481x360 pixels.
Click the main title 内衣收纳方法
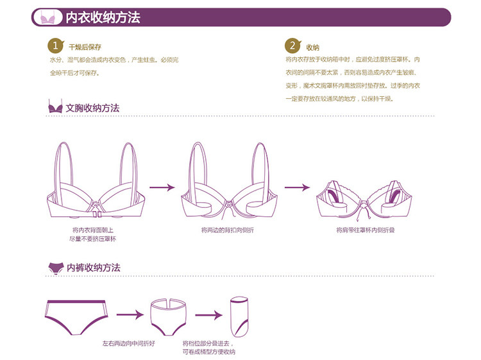[103, 17]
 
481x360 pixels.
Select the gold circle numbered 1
[56, 46]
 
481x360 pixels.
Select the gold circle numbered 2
[292, 46]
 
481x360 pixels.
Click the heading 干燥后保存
[85, 47]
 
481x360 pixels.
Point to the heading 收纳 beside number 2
[312, 47]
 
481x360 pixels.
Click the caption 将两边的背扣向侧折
[227, 230]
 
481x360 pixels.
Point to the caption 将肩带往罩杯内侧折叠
[365, 230]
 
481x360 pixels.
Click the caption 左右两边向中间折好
[129, 343]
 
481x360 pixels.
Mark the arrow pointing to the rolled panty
[208, 315]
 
